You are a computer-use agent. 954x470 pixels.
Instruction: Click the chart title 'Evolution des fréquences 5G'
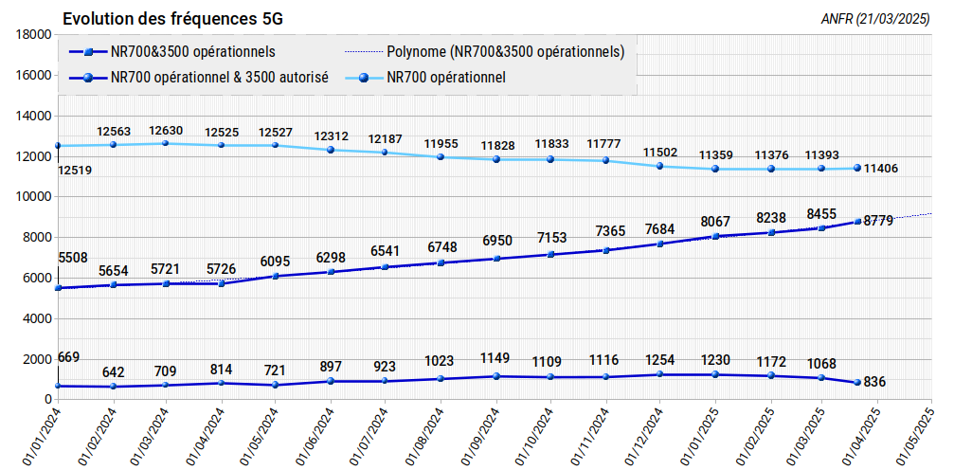[x=172, y=19]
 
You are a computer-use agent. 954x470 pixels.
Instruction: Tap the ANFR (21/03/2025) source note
[x=875, y=19]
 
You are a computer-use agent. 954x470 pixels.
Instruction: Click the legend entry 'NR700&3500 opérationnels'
[x=172, y=52]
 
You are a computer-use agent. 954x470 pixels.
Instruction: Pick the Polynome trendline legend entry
[x=485, y=52]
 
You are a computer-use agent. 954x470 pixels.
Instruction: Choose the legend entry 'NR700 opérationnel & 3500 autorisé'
[x=199, y=78]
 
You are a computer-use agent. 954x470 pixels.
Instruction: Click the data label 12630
[x=167, y=130]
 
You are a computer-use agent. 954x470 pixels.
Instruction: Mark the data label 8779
[x=877, y=221]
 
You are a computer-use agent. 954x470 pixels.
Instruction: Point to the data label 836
[x=874, y=382]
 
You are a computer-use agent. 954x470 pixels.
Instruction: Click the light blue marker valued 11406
[x=856, y=168]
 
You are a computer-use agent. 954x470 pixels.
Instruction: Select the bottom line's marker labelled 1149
[x=496, y=376]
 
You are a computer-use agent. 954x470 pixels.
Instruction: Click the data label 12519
[x=75, y=171]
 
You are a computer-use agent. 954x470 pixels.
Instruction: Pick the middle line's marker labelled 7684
[x=660, y=244]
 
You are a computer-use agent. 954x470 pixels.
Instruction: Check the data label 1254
[x=659, y=359]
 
